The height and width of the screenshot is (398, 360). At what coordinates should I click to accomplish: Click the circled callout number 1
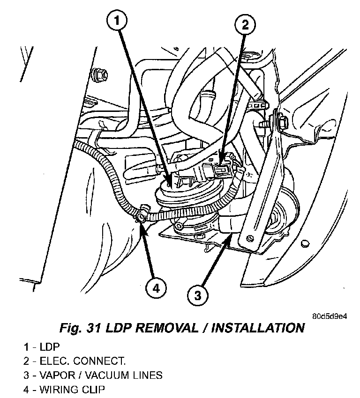[117, 21]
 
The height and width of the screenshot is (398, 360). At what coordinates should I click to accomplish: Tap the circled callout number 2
[245, 25]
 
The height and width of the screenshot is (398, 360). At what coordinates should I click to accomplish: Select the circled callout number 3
[197, 295]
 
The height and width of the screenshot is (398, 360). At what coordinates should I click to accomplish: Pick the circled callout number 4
[156, 288]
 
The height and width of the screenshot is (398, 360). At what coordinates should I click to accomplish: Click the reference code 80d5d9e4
[329, 316]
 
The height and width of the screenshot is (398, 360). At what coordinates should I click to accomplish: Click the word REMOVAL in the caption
[166, 328]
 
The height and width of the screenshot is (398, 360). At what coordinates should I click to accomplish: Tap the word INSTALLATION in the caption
[258, 328]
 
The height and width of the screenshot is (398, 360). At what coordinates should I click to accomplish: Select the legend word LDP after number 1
[50, 346]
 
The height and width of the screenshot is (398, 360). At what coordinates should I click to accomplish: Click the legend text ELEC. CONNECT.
[82, 361]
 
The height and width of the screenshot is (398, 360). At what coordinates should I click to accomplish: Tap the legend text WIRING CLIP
[72, 389]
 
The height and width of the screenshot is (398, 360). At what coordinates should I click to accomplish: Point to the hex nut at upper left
[101, 74]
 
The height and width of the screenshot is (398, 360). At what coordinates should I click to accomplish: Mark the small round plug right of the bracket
[305, 244]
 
